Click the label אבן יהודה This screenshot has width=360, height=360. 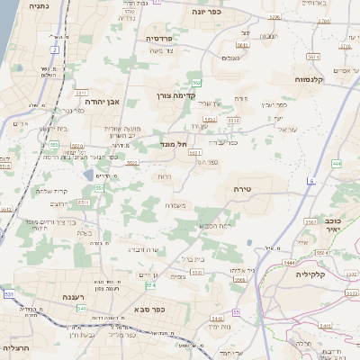103,103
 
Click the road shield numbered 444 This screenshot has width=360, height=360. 336,163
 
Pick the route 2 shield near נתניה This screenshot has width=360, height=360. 54,50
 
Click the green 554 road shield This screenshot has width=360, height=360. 150,284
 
